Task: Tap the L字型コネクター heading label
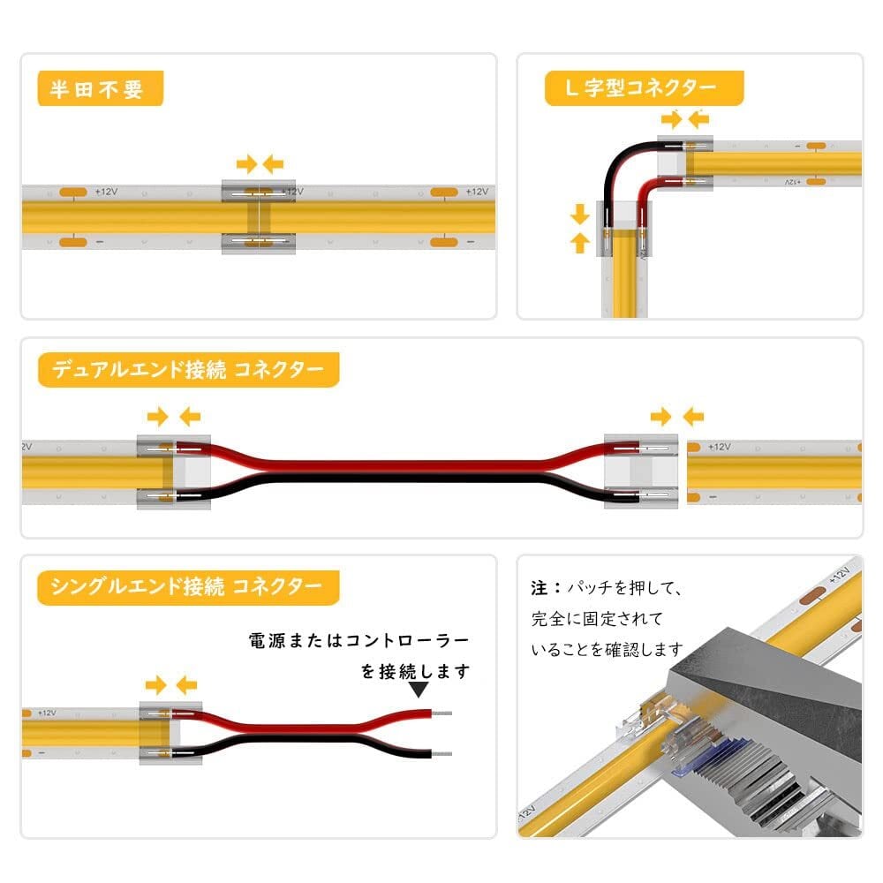coord(643,88)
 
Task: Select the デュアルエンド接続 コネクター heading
coord(187,369)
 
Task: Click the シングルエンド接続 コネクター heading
coord(187,585)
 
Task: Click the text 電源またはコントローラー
coord(359,640)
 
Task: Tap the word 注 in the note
coord(539,587)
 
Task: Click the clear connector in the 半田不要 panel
coord(256,217)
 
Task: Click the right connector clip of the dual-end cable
coord(641,472)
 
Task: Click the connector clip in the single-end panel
coord(170,733)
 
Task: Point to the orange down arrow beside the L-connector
coord(580,215)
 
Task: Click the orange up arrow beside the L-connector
coord(580,243)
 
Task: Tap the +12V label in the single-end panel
coord(46,712)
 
